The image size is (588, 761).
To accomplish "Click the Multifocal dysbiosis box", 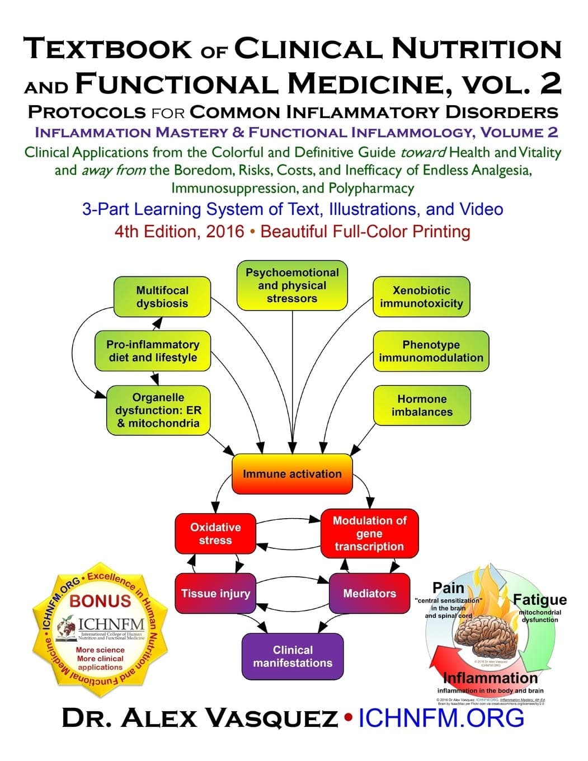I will [162, 297].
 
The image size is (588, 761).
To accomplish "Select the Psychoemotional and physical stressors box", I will [292, 285].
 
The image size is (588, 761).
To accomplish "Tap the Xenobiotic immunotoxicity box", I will [421, 297].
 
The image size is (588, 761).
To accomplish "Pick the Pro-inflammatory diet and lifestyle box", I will [153, 351].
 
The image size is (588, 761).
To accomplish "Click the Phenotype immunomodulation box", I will [431, 351].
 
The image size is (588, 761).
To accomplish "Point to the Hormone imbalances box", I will [422, 405].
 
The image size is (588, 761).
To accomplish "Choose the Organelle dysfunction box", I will [158, 410].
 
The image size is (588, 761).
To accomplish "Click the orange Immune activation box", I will [292, 474].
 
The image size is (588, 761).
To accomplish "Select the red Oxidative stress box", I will [215, 534].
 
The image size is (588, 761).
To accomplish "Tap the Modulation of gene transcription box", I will [369, 533].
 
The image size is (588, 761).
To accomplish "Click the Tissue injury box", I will [215, 593].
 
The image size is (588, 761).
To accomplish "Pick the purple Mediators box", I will [369, 593].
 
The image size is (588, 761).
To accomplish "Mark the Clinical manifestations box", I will [293, 656].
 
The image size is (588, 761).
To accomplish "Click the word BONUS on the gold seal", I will [100, 601].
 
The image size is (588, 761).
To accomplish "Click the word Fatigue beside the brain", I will [539, 600].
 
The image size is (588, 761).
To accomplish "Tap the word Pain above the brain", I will [448, 588].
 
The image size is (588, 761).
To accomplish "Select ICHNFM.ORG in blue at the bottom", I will [441, 718].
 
